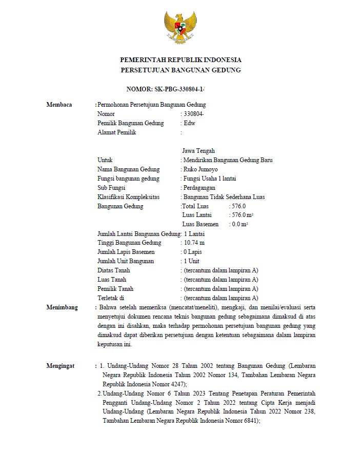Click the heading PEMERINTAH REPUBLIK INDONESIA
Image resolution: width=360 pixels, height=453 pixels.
click(181, 60)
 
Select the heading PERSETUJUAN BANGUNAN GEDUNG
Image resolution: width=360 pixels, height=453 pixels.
click(181, 70)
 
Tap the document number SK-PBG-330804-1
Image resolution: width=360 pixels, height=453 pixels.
click(166, 89)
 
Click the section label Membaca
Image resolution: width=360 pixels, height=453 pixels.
click(59, 105)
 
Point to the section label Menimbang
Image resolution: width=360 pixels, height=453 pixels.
click(62, 307)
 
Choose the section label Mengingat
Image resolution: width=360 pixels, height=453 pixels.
click(61, 366)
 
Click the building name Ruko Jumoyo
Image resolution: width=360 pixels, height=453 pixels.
click(201, 169)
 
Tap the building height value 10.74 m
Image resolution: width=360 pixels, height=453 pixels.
click(194, 243)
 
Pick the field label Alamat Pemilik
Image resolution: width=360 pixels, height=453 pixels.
click(117, 132)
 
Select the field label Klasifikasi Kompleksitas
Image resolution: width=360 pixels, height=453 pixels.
click(128, 197)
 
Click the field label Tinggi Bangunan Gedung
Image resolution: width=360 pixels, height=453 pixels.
click(129, 243)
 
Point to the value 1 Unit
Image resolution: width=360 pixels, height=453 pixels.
click(192, 261)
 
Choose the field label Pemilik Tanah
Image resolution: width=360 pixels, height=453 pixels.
click(115, 289)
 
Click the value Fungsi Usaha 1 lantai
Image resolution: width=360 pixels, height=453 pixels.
click(210, 179)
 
